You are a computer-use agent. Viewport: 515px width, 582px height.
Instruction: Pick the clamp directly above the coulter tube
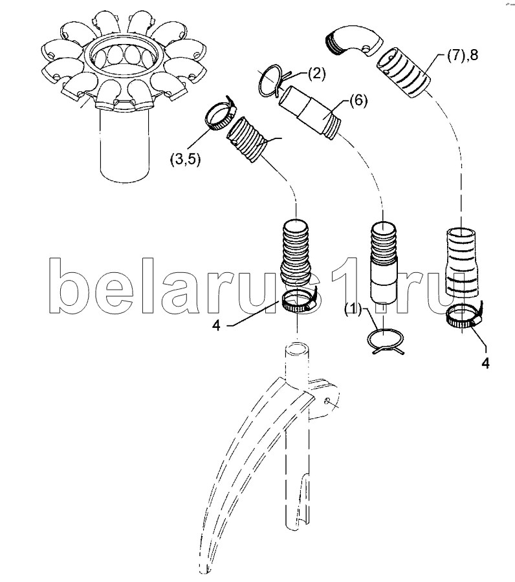coord(298,302)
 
